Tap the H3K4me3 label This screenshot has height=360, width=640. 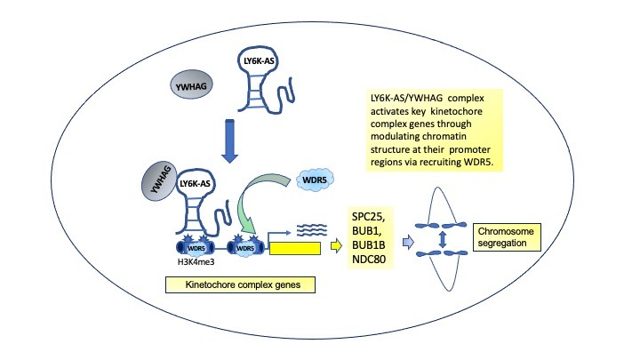point(189,263)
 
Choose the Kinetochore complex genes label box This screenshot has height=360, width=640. point(242,286)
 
